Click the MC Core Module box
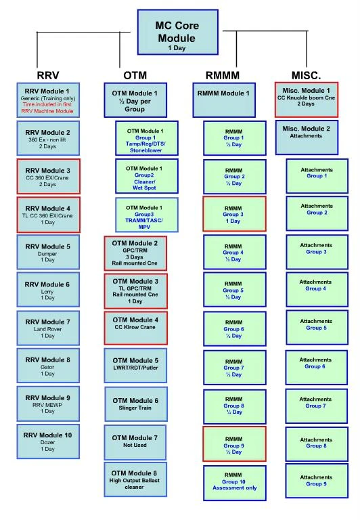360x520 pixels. [x=177, y=32]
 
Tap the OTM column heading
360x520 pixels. [x=135, y=74]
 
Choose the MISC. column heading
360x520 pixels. [x=306, y=74]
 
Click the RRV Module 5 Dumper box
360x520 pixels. [x=48, y=253]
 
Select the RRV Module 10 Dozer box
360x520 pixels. [x=48, y=442]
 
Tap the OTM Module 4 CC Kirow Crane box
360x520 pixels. [x=135, y=328]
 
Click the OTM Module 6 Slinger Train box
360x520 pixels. [x=135, y=404]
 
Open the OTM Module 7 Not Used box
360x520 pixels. [x=135, y=441]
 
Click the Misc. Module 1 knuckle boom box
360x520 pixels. [x=306, y=99]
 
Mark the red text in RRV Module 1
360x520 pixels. [x=48, y=108]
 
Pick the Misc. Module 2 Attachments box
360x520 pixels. [x=306, y=136]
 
